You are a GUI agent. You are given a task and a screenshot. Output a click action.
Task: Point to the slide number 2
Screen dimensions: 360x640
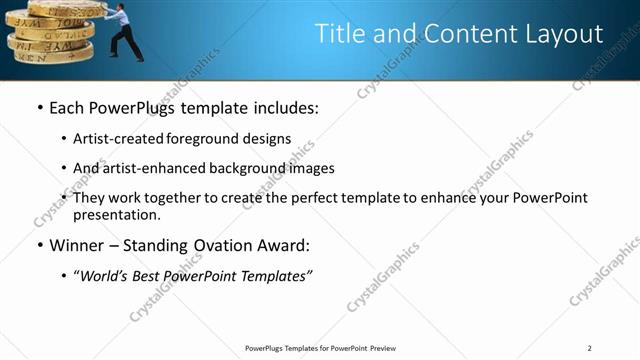(590, 347)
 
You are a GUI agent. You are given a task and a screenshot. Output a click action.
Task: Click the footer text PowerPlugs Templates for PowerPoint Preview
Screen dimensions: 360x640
(320, 347)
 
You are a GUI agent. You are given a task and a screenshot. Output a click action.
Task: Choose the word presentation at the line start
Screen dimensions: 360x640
(116, 214)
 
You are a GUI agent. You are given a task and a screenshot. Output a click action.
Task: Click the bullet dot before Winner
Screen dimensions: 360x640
(39, 245)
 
